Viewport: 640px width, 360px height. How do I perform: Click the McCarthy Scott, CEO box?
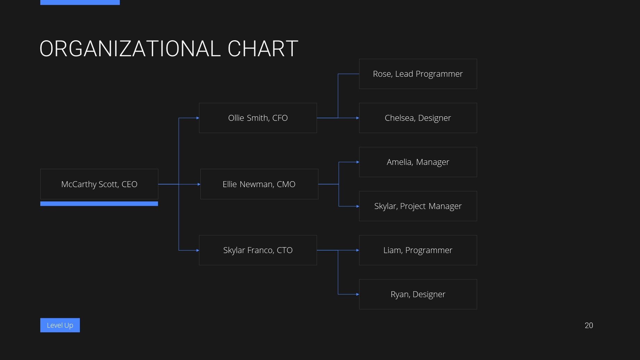coord(99,184)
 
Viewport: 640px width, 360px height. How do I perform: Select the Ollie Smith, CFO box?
coord(258,118)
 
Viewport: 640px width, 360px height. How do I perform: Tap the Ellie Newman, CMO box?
coord(259,184)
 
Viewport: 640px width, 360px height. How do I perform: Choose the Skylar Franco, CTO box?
coord(258,250)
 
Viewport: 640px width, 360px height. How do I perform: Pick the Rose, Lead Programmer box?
coord(418,74)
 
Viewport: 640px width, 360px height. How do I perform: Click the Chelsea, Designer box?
coord(418,118)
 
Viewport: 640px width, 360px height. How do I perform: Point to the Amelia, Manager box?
coord(418,162)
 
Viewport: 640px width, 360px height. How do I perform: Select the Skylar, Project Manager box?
coord(418,206)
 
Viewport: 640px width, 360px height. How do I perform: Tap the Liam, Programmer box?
coord(418,250)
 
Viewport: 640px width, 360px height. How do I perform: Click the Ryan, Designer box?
coord(418,294)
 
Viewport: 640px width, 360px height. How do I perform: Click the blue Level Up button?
coord(60,325)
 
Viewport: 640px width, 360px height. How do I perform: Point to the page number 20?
coord(589,326)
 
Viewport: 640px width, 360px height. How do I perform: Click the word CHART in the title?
coord(263,49)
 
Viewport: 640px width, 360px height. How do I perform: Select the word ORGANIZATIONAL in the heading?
coord(130,49)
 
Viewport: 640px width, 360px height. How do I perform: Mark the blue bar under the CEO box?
coord(99,204)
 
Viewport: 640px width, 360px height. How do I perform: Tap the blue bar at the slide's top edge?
coord(80,2)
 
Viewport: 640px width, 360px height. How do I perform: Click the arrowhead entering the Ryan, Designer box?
coord(358,294)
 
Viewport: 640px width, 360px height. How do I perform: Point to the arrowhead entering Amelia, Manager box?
coord(358,162)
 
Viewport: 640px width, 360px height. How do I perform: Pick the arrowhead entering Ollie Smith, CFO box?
coord(198,118)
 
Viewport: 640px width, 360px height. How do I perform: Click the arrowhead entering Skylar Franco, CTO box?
coord(198,250)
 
